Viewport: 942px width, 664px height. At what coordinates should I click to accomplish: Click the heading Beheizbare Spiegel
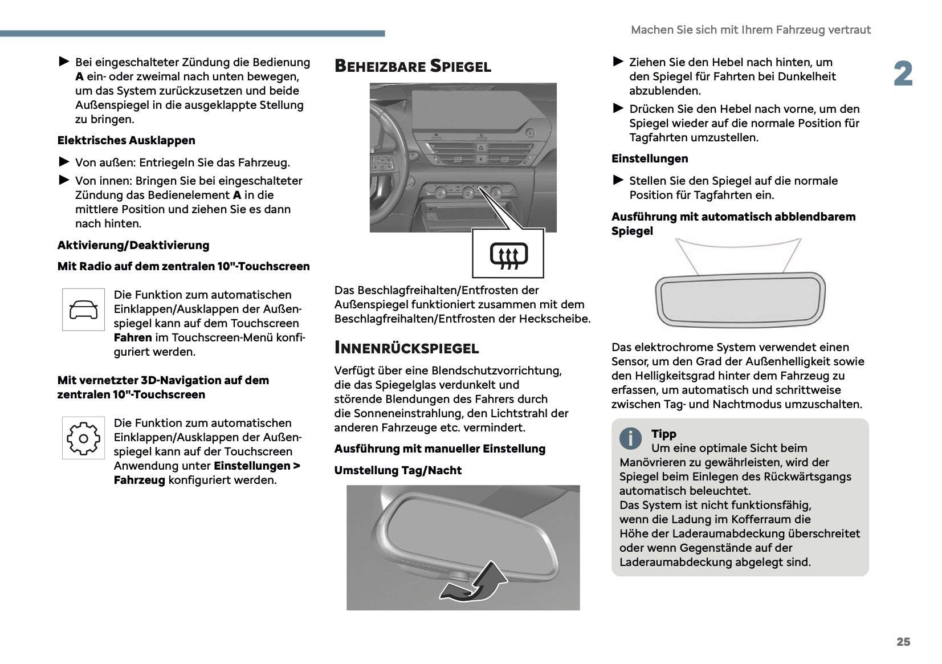point(413,66)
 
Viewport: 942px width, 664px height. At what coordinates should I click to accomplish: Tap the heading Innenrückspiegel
point(406,348)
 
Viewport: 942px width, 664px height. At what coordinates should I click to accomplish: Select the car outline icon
point(83,309)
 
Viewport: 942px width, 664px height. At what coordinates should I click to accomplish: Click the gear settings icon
point(83,438)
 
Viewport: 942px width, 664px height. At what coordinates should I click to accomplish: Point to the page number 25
point(903,642)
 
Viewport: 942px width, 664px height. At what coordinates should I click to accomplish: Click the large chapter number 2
point(903,74)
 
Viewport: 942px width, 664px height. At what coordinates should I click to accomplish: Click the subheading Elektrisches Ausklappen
point(126,140)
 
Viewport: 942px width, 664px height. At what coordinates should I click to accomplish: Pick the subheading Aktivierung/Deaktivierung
point(133,245)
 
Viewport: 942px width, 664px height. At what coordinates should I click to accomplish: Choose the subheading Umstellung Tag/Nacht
point(398,470)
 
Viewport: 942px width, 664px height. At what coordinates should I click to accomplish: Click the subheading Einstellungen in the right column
point(650,158)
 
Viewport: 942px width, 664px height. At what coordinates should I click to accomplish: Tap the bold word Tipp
point(663,434)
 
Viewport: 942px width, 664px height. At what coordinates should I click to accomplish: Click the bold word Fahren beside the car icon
point(133,337)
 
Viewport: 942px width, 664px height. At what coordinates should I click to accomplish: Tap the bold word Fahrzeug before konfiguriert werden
point(139,480)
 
